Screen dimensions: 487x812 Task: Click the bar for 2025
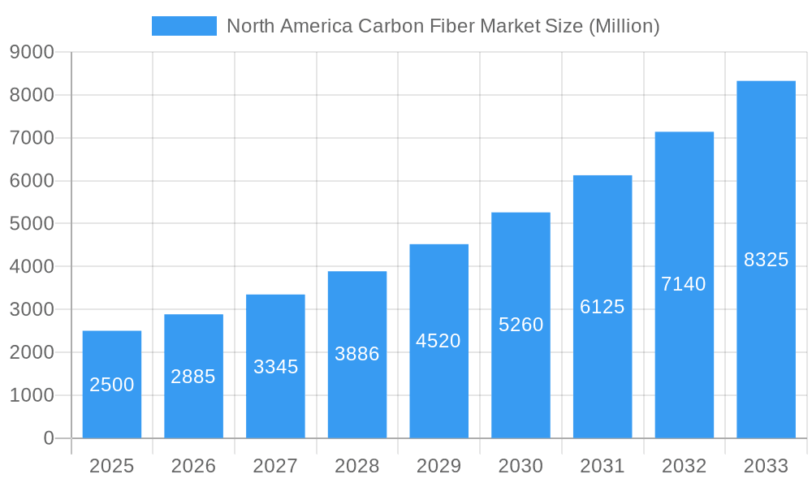click(112, 384)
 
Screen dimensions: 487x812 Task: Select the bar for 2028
click(357, 355)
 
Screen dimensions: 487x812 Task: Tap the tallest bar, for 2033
click(766, 260)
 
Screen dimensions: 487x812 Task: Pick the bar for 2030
click(520, 325)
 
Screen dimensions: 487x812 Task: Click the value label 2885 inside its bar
click(193, 377)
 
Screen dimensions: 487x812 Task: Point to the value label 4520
click(438, 341)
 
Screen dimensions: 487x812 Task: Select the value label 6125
click(603, 307)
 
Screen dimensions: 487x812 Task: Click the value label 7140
click(684, 284)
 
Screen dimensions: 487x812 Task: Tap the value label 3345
click(275, 367)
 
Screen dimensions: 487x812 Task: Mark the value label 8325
click(766, 260)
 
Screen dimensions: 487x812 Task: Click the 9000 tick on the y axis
click(32, 53)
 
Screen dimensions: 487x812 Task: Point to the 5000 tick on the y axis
click(32, 224)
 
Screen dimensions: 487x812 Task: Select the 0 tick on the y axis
click(49, 438)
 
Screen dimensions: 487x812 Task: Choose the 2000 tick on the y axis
click(32, 352)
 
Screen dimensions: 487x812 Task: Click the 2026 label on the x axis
click(193, 466)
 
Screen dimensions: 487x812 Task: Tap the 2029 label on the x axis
click(438, 466)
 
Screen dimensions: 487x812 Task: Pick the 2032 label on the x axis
click(684, 466)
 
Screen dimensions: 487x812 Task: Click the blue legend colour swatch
click(184, 26)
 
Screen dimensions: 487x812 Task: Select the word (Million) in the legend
click(623, 26)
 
